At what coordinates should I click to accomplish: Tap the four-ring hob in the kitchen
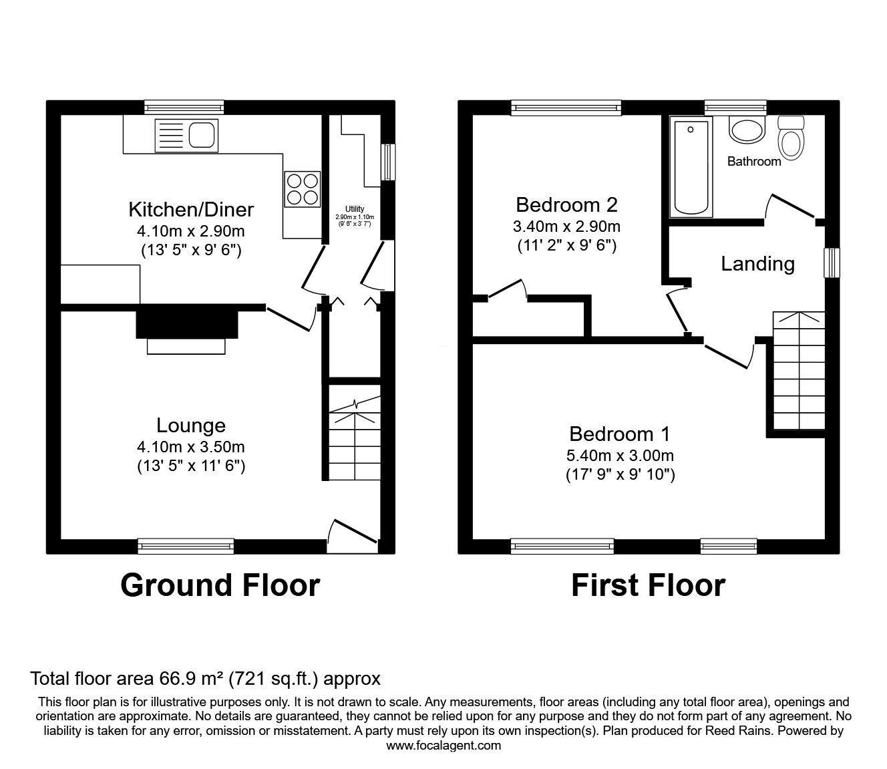click(301, 188)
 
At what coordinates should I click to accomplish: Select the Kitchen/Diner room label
click(191, 210)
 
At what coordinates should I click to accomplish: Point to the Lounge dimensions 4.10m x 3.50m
click(191, 446)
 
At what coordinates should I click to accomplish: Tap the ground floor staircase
click(354, 433)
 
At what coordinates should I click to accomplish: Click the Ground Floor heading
click(220, 585)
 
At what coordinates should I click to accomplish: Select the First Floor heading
click(648, 585)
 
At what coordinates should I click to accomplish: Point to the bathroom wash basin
click(746, 130)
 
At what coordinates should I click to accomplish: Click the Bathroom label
click(753, 162)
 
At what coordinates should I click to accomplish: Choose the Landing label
click(757, 264)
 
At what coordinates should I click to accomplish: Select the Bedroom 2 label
click(566, 204)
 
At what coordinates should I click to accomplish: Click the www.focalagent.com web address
click(443, 746)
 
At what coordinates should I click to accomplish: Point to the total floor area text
click(205, 679)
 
